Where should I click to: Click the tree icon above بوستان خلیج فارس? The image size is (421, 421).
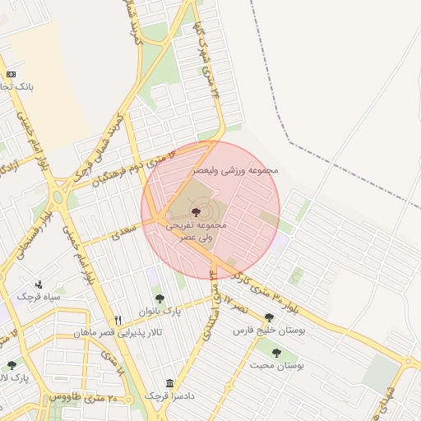(269, 317)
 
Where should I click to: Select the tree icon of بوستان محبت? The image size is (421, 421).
(275, 353)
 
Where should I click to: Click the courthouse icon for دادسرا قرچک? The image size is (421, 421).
(169, 383)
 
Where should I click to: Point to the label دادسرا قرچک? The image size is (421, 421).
(169, 396)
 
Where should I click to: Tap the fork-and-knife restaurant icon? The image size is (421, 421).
(118, 319)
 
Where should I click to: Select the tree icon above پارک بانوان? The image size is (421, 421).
(160, 298)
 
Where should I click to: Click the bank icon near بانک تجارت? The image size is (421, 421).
(11, 74)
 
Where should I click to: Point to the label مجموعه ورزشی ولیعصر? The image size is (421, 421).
(236, 169)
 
